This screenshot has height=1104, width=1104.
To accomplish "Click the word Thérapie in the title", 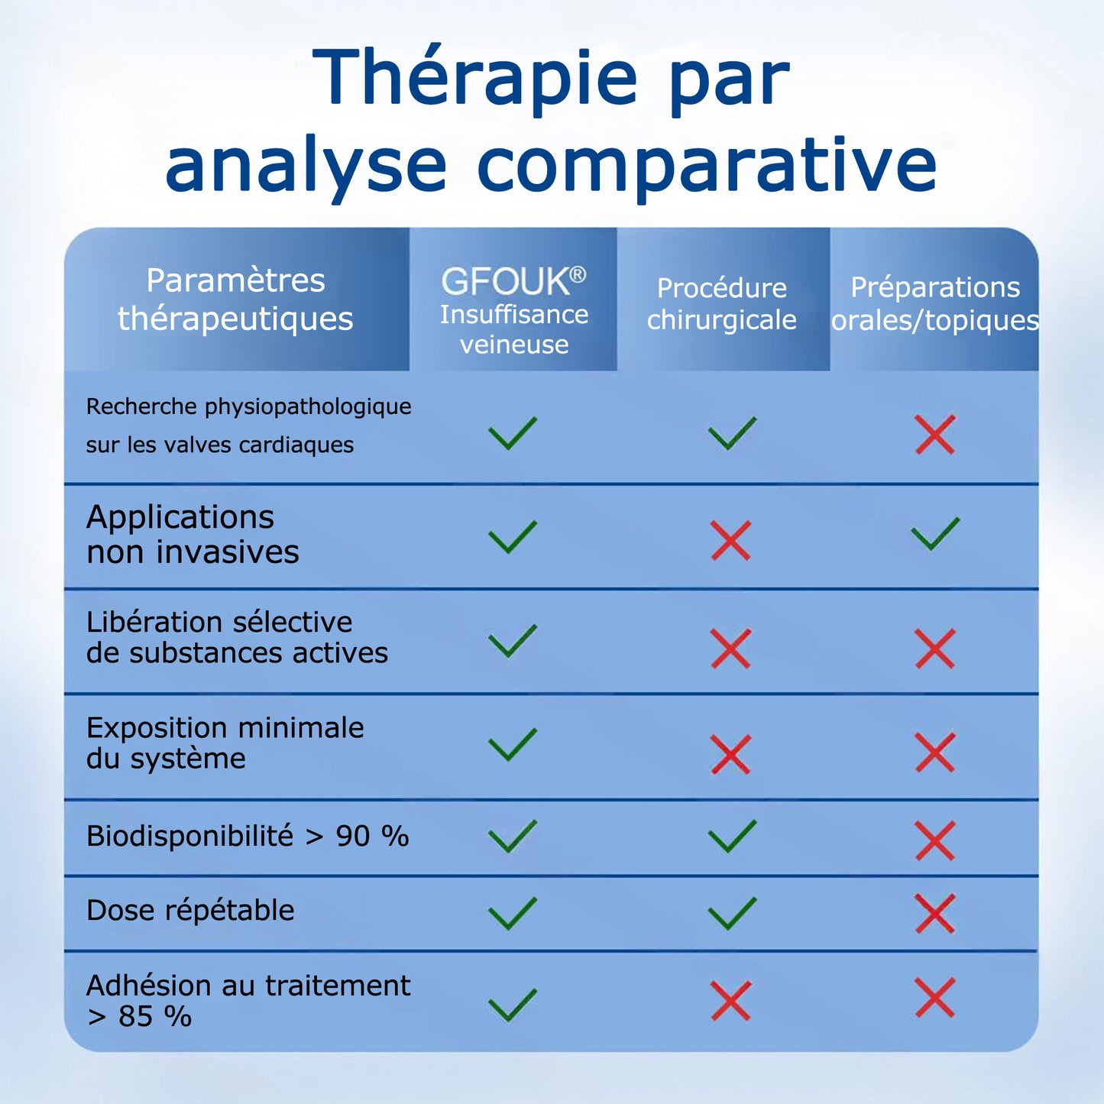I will [474, 78].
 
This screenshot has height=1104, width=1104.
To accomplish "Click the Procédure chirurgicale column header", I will [722, 303].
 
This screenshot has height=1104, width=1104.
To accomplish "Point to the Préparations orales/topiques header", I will [935, 303].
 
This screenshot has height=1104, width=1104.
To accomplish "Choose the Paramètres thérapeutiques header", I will [235, 299].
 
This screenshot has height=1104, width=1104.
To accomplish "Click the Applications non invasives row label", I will [193, 534].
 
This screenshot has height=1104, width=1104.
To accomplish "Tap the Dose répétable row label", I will [190, 910].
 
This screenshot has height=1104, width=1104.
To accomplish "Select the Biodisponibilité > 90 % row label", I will [248, 836].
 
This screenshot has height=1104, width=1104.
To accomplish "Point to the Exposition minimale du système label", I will [225, 743].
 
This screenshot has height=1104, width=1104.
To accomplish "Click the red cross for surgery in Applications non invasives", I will [731, 540].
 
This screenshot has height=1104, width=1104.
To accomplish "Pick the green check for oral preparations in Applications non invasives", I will [935, 533].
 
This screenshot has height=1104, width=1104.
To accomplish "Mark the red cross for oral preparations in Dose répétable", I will [935, 913].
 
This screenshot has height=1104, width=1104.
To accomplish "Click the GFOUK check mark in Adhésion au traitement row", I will [513, 1004].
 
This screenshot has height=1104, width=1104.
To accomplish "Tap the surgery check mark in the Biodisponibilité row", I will [732, 836].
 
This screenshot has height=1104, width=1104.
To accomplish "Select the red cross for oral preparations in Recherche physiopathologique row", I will [935, 435].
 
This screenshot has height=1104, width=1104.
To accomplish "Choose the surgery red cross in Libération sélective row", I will [731, 649].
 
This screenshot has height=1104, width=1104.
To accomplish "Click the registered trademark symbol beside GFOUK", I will [578, 274].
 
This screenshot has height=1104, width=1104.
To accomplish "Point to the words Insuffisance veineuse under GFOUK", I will [514, 329].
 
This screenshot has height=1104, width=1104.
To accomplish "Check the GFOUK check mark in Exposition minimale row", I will [513, 745].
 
